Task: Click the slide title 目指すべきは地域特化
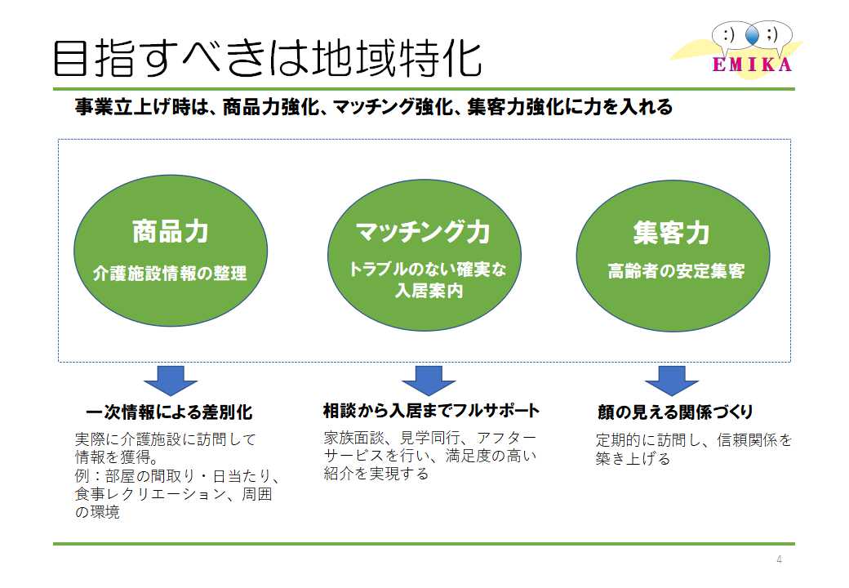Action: (x=267, y=57)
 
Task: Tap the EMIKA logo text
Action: (x=753, y=65)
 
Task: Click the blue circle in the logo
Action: (x=752, y=35)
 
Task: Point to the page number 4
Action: (x=779, y=559)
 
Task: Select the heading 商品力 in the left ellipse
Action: (x=171, y=231)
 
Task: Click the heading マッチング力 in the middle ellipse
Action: (x=423, y=232)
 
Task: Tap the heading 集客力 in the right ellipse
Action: (x=671, y=233)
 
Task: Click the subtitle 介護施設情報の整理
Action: (x=170, y=274)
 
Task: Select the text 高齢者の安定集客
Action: (x=676, y=270)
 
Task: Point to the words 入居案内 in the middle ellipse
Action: (x=429, y=291)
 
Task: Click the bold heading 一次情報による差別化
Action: (x=169, y=412)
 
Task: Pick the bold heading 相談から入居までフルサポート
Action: (x=431, y=411)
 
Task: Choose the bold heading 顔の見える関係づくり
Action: (x=675, y=412)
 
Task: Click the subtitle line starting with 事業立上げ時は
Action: (x=374, y=107)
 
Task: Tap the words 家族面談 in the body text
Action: (x=354, y=438)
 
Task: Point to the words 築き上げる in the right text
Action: (x=633, y=459)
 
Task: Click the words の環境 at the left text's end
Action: (x=97, y=512)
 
